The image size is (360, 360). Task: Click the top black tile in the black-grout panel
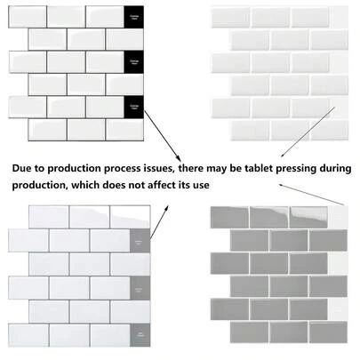133,17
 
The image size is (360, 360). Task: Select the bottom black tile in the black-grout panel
133,108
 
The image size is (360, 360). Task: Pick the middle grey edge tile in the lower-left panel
140,289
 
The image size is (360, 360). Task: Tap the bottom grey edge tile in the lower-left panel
140,335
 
